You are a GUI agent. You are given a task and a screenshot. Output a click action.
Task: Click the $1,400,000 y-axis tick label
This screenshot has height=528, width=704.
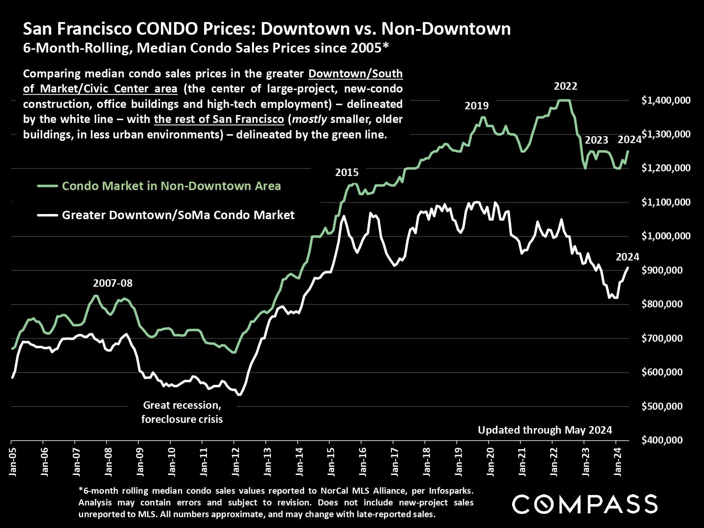[x=666, y=100]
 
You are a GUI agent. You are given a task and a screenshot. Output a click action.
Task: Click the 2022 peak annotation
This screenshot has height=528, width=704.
[x=566, y=86]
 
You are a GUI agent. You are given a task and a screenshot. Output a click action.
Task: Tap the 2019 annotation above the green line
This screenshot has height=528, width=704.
[x=476, y=106]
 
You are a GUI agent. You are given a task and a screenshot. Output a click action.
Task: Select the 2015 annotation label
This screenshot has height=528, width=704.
[x=347, y=173]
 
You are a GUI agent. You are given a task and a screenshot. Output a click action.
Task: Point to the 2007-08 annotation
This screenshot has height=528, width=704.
[x=113, y=283]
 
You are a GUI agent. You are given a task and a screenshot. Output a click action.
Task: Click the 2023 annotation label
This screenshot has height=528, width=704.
[x=597, y=140]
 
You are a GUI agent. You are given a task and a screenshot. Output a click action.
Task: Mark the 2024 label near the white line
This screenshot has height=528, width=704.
[x=627, y=257]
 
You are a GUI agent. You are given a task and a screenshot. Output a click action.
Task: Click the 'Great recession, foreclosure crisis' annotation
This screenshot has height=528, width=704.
[x=182, y=412]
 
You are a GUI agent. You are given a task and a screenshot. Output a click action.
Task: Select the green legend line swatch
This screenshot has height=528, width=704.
[x=47, y=186]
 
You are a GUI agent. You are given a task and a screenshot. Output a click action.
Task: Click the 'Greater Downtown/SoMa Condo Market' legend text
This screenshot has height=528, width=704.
[x=178, y=215]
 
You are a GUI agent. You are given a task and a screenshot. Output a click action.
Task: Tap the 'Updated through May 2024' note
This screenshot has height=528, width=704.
[x=545, y=430]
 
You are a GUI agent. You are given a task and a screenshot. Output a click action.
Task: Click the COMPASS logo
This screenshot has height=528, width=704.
[x=585, y=504]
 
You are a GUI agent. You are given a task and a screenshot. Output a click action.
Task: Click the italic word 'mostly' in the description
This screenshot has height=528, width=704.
[x=309, y=119]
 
